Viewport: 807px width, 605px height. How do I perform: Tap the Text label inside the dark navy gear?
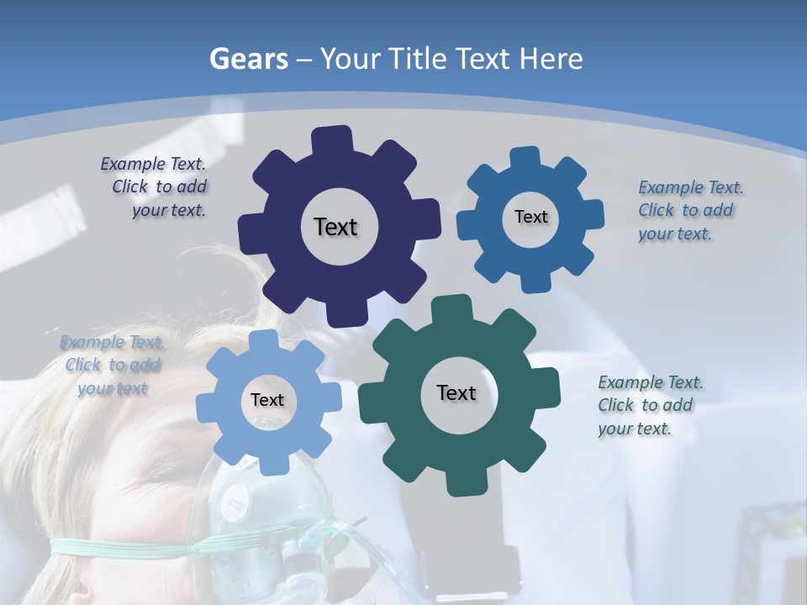[335, 227]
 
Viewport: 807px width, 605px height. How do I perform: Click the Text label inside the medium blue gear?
[530, 217]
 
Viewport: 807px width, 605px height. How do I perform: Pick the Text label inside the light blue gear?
[267, 400]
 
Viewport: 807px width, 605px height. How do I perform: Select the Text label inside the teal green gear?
[456, 392]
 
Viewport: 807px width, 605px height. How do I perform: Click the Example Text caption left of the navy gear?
[154, 187]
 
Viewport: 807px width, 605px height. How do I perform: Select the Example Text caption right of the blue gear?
[689, 211]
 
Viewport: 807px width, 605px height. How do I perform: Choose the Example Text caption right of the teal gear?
[649, 405]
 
